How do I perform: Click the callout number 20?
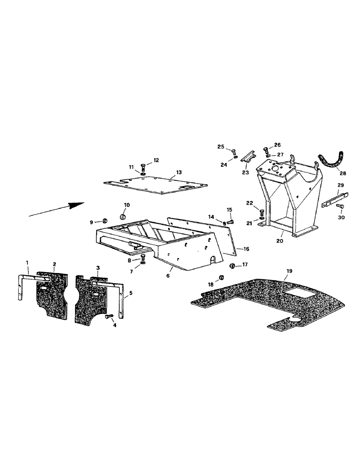click(x=280, y=241)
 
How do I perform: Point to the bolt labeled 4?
click(x=110, y=317)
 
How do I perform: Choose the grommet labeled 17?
click(x=232, y=266)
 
